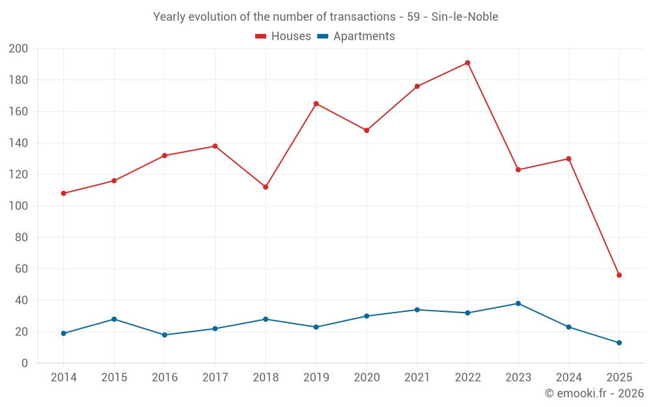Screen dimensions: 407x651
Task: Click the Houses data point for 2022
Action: pos(467,63)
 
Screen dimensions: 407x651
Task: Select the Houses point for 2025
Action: pos(619,275)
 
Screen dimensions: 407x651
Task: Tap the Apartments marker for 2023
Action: pos(518,303)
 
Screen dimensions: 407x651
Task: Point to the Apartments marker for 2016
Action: pos(165,335)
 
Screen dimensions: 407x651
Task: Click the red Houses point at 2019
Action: pos(316,104)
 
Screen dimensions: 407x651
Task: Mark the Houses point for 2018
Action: pos(266,187)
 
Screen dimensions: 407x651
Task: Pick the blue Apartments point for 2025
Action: pos(619,343)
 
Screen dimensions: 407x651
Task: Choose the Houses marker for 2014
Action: pos(63,193)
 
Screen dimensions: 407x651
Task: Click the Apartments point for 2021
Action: pos(417,310)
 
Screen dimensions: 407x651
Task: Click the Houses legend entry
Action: pos(283,36)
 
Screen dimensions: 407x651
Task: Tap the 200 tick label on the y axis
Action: pos(18,49)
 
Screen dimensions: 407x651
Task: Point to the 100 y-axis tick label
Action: pos(18,206)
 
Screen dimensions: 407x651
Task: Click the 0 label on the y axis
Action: pos(25,363)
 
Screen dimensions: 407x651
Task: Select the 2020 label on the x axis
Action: pos(367,378)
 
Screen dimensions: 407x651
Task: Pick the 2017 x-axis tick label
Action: pos(215,378)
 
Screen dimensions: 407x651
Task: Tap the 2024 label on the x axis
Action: pos(568,378)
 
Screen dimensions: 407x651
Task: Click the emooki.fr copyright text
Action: pos(594,393)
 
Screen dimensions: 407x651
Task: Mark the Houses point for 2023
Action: pos(518,170)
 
